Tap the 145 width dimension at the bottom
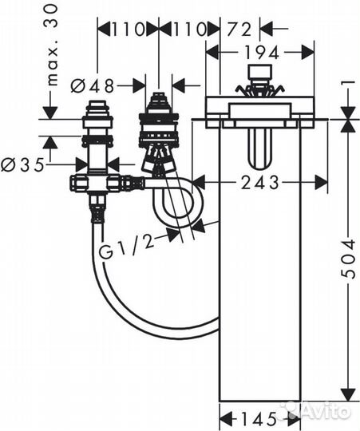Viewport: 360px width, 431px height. click(259, 419)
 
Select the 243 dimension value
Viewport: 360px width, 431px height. click(260, 183)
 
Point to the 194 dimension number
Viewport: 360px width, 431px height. click(262, 53)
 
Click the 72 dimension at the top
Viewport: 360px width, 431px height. click(239, 30)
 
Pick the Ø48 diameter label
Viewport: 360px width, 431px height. click(92, 85)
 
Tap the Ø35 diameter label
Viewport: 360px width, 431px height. click(22, 165)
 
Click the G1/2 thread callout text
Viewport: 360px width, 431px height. click(126, 247)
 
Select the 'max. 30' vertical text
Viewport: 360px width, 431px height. click(51, 45)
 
